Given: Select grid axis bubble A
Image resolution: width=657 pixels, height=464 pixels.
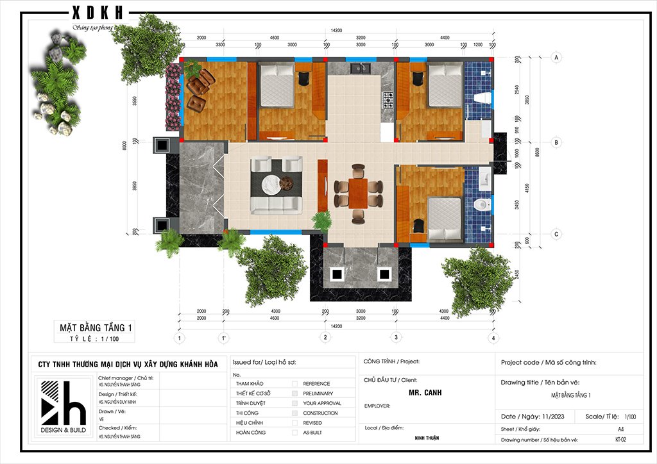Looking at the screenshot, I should [556, 58].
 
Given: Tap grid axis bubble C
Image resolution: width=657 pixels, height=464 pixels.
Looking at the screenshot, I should [556, 235].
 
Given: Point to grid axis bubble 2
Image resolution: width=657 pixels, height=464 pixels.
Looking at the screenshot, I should [326, 337].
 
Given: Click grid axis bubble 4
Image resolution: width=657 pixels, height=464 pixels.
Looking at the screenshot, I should [493, 337].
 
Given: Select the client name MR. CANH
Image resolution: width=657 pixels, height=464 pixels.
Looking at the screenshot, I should [425, 392].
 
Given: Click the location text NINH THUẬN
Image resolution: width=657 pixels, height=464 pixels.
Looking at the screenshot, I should [425, 438].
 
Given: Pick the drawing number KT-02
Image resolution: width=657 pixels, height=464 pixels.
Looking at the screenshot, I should [620, 440].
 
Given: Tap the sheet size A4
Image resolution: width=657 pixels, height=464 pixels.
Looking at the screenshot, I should [620, 428].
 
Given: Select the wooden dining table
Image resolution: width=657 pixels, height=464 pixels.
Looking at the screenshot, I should [358, 192].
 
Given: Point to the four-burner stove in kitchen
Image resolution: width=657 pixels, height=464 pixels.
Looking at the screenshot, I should [388, 99].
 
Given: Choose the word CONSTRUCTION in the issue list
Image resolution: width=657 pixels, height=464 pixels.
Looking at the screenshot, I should [320, 413].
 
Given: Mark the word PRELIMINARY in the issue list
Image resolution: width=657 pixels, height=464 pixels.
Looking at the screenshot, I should [318, 394].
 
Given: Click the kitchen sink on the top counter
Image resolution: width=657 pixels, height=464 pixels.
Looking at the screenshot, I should [357, 66].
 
